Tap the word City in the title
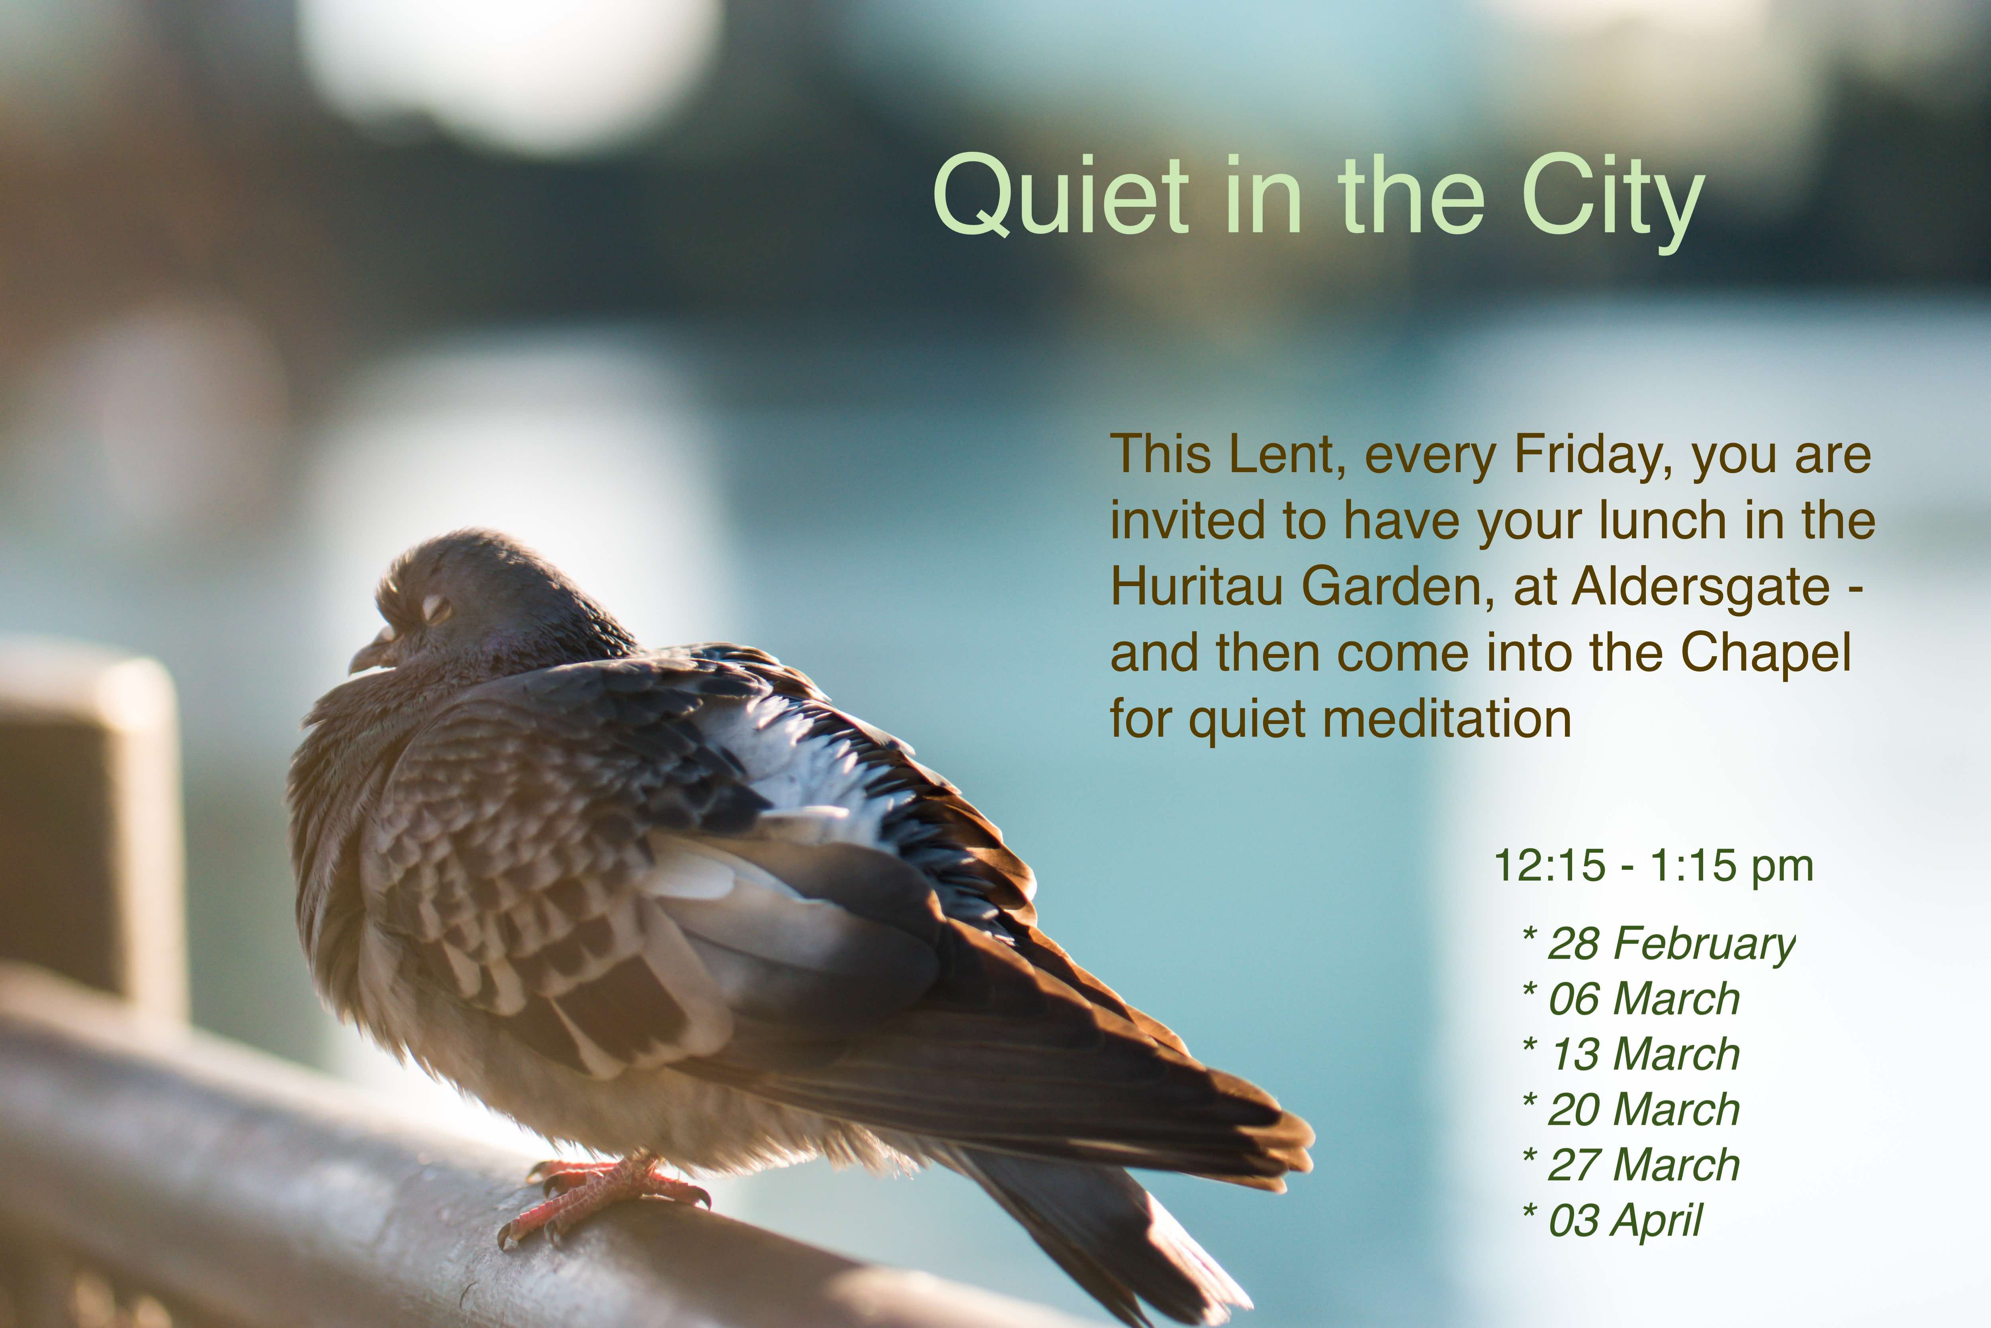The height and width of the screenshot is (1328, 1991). click(x=1613, y=203)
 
